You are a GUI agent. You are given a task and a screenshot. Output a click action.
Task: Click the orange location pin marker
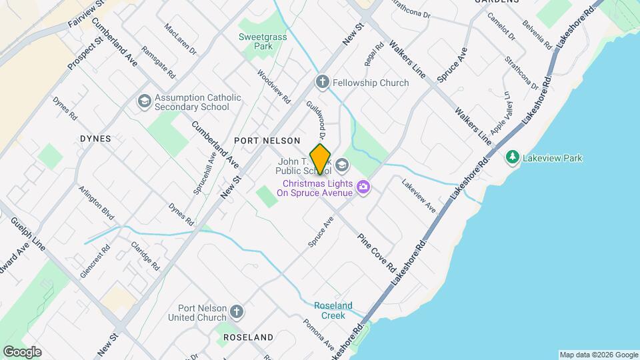[x=321, y=159]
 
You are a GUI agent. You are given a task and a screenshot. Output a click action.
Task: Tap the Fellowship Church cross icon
[x=323, y=83]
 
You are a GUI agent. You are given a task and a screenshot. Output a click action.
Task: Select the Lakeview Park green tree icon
[x=512, y=158]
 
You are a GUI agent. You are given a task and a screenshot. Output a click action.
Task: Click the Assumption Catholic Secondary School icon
[x=143, y=101]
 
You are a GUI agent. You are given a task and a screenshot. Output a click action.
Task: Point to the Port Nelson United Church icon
[x=236, y=312]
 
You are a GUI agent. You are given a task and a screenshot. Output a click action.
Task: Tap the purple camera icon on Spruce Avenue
[x=363, y=187]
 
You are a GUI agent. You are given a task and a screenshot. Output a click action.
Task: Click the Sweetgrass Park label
[x=263, y=42]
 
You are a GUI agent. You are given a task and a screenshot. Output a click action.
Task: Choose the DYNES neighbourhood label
[x=95, y=139]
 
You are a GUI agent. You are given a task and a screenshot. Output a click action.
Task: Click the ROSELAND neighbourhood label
[x=248, y=337]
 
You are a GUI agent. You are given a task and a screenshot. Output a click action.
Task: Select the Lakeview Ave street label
[x=419, y=195]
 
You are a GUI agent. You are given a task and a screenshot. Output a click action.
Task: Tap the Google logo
[x=22, y=352]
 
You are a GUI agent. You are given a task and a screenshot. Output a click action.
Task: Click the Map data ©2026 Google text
[x=598, y=355]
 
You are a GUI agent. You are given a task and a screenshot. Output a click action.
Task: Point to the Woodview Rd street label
[x=274, y=87]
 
